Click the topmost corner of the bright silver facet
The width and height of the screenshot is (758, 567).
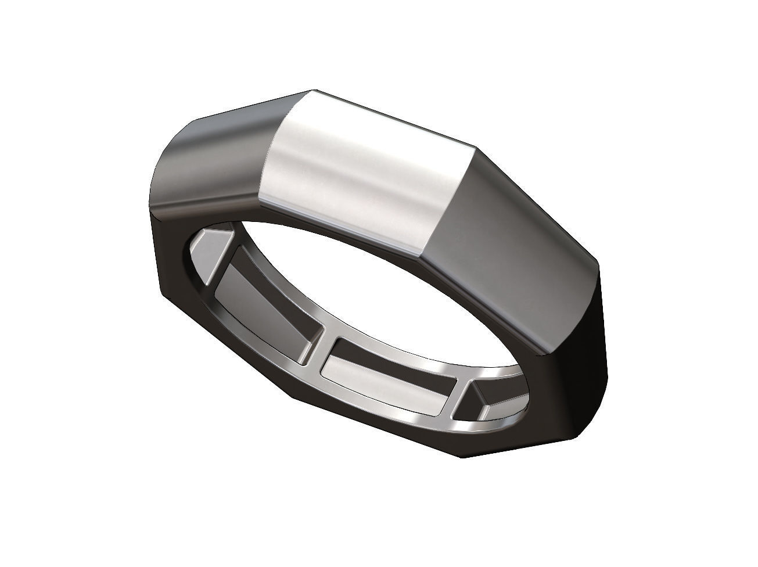(x=314, y=91)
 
